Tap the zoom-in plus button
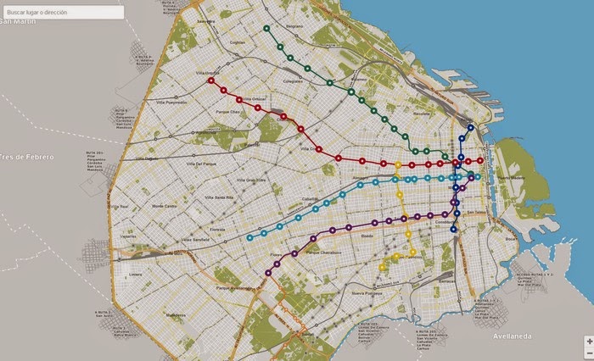tap(589, 341)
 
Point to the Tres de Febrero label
tap(27, 157)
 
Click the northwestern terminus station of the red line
tap(211, 81)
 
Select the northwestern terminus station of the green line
tap(266, 28)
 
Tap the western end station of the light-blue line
tap(249, 237)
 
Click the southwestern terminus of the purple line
tap(268, 272)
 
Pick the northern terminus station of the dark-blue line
tap(471, 129)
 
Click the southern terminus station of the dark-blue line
tap(453, 229)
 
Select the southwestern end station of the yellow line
tap(383, 267)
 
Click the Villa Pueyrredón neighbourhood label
tap(169, 101)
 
